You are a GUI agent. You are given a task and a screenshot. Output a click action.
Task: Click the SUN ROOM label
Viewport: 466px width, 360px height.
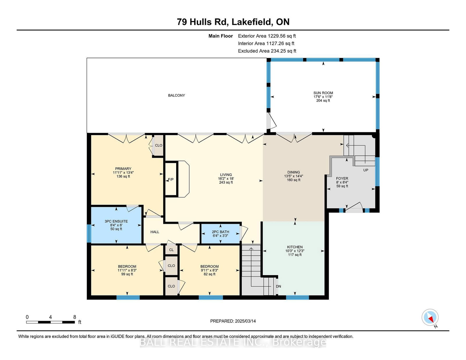pyautogui.click(x=323, y=93)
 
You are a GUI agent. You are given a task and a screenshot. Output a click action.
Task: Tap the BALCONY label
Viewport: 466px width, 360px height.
pyautogui.click(x=176, y=95)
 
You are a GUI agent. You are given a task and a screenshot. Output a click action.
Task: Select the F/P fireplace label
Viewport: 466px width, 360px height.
pyautogui.click(x=171, y=180)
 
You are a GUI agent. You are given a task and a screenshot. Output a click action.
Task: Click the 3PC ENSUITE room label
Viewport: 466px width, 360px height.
pyautogui.click(x=116, y=221)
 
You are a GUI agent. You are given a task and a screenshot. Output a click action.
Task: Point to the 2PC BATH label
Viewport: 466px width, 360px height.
pyautogui.click(x=220, y=232)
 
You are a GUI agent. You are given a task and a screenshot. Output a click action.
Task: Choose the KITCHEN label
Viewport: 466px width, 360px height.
pyautogui.click(x=295, y=247)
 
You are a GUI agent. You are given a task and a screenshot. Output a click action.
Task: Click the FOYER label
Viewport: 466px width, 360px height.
pyautogui.click(x=342, y=178)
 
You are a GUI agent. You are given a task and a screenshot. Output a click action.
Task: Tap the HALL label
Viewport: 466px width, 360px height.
pyautogui.click(x=155, y=232)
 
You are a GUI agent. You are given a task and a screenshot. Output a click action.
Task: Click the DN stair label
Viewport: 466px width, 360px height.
pyautogui.click(x=278, y=286)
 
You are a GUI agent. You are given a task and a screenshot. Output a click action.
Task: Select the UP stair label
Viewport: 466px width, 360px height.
pyautogui.click(x=366, y=170)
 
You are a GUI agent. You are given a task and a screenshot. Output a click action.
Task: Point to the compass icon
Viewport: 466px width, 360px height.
pyautogui.click(x=430, y=317)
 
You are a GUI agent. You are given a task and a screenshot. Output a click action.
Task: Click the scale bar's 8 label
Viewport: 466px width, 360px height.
pyautogui.click(x=75, y=317)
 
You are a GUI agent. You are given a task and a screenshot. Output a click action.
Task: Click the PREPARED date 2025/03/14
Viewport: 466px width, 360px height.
pyautogui.click(x=245, y=321)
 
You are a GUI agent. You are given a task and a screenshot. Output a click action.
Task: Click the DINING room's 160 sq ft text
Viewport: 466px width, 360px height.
pyautogui.click(x=294, y=180)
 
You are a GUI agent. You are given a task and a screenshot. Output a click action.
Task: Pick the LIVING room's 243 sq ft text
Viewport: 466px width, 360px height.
pyautogui.click(x=226, y=182)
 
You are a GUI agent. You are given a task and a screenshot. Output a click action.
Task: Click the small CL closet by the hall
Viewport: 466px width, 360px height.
pyautogui.click(x=171, y=250)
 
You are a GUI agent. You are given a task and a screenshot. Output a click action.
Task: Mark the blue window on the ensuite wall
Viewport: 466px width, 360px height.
pyautogui.click(x=89, y=233)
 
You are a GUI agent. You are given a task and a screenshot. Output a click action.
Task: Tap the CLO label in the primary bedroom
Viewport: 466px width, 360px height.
pyautogui.click(x=158, y=145)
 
